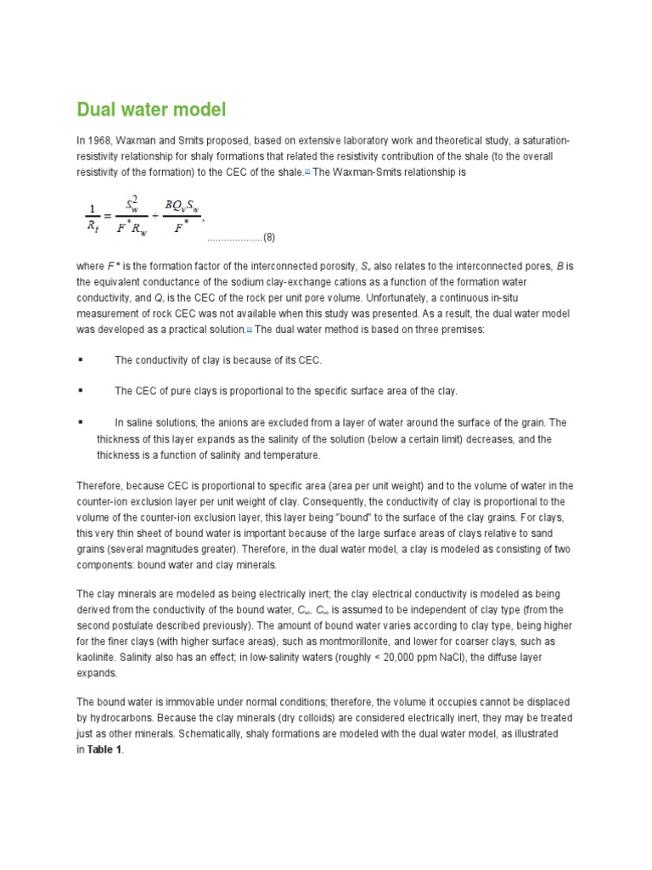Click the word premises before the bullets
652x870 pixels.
463,329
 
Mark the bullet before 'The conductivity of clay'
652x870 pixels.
81,360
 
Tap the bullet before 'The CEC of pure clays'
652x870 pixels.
81,391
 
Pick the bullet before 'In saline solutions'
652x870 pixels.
81,421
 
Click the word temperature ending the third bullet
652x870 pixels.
292,455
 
